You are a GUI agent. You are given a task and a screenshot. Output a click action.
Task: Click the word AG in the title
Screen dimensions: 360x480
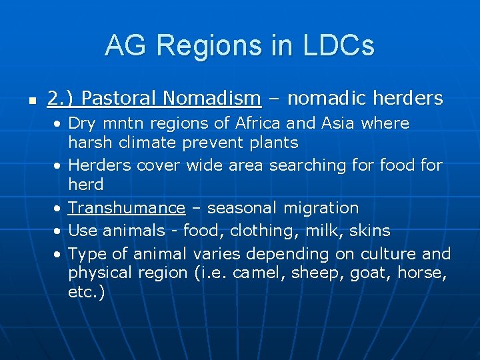point(124,46)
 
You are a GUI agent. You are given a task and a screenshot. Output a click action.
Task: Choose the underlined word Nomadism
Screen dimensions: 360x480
point(211,99)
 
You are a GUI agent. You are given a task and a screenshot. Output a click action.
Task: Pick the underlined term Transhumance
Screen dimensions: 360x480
point(127,208)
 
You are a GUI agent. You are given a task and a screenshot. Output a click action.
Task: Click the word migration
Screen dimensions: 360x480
point(321,208)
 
